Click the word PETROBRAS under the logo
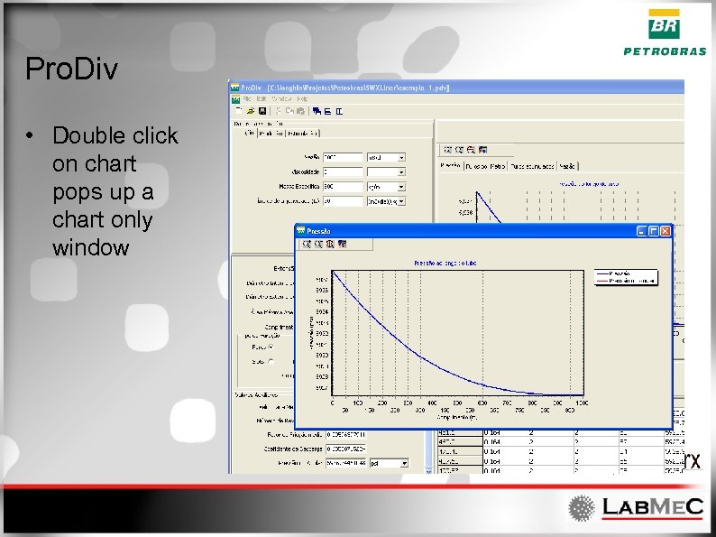coord(665,51)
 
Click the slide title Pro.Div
coord(71,69)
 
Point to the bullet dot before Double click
coord(31,136)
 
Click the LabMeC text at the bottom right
coord(652,507)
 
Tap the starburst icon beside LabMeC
coord(582,508)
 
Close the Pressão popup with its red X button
coord(666,231)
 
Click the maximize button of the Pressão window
coord(654,231)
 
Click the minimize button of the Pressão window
coord(642,231)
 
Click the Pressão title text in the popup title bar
coord(319,231)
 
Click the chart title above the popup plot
coord(451,263)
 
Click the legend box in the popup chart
coord(624,276)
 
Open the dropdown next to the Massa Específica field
coord(401,186)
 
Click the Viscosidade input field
coord(342,171)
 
